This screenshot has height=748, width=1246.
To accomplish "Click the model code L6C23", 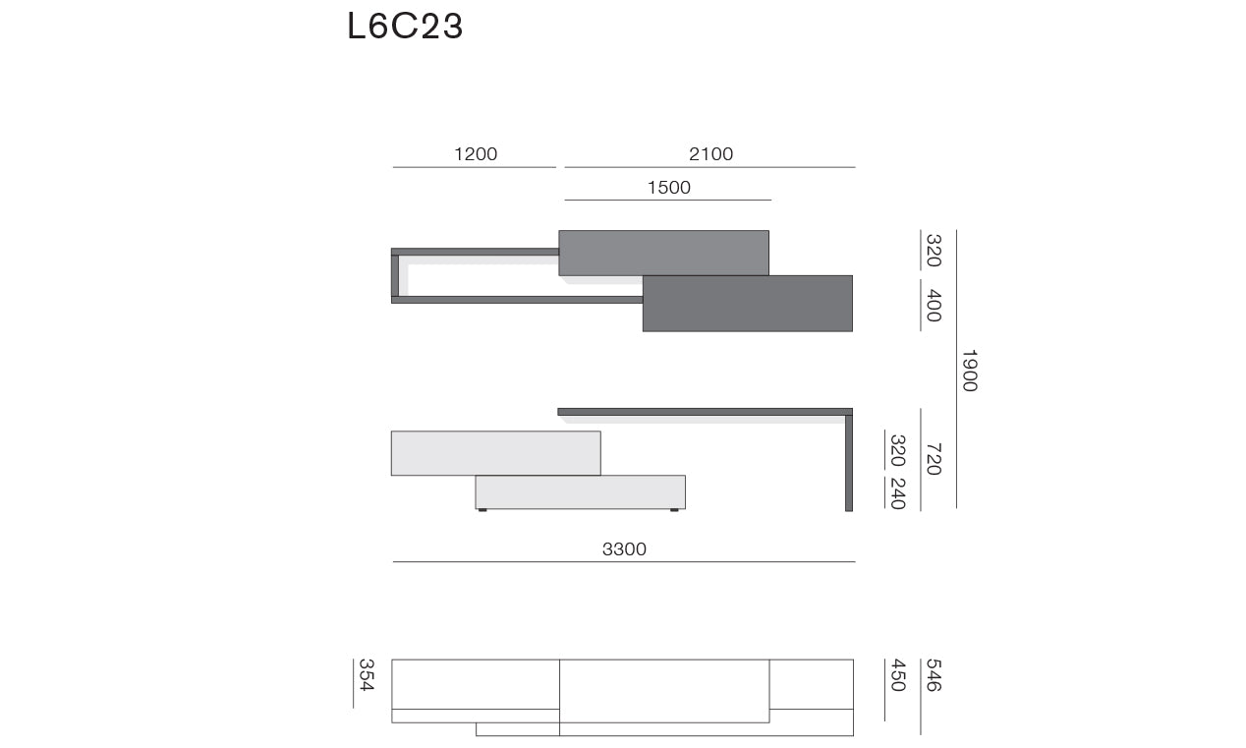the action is (405, 26).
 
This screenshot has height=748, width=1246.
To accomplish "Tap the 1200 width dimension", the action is (476, 153).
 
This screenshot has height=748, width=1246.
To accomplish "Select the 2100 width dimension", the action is (710, 153).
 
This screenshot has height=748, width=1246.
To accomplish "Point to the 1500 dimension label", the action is (668, 187).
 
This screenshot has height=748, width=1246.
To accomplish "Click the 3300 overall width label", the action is (624, 548).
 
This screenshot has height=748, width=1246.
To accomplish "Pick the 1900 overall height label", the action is (970, 371).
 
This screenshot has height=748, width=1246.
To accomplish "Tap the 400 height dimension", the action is (934, 306).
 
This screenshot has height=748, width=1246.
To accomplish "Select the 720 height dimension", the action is (934, 459).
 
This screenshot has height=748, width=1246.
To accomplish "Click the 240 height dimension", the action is (898, 493).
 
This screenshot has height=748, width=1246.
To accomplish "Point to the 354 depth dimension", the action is (366, 675).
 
